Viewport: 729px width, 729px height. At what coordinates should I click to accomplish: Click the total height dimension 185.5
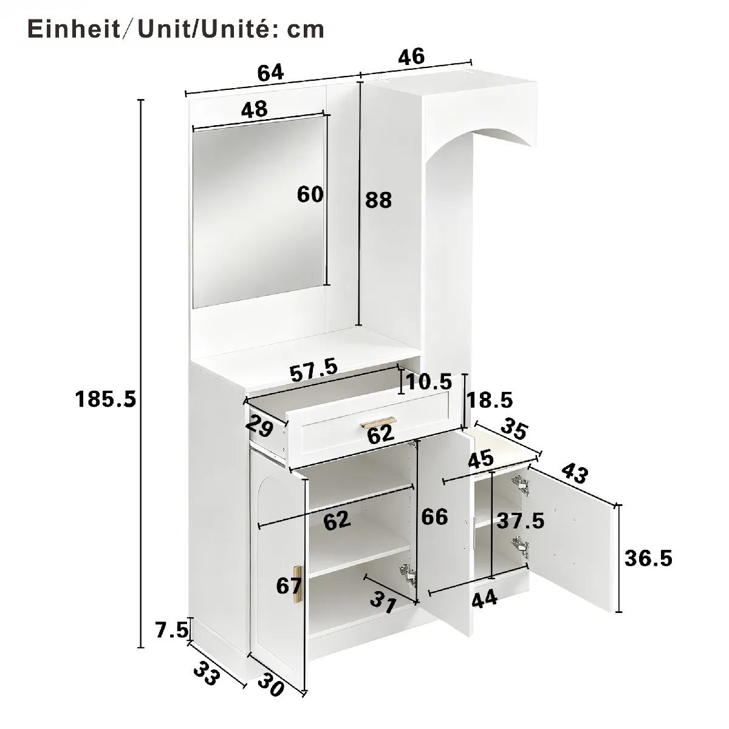[x=106, y=399]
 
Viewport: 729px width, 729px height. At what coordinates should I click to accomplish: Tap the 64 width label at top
[x=270, y=72]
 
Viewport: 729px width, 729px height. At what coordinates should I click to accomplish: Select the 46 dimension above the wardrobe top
[x=412, y=56]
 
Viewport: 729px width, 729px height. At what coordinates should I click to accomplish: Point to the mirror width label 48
[x=254, y=109]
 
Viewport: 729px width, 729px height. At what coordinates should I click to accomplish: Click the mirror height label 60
[x=310, y=195]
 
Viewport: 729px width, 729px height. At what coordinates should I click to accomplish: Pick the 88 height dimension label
[x=378, y=200]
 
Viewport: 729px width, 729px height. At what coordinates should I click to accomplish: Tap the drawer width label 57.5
[x=313, y=371]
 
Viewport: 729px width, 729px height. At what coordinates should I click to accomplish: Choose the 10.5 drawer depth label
[x=429, y=382]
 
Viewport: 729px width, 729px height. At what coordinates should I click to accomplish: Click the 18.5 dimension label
[x=490, y=400]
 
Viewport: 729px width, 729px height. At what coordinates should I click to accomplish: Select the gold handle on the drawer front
[x=378, y=422]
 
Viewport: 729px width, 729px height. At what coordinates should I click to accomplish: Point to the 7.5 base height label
[x=172, y=630]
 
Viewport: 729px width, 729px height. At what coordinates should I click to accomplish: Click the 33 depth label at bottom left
[x=207, y=673]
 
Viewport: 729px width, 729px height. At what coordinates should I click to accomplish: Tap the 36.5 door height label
[x=648, y=558]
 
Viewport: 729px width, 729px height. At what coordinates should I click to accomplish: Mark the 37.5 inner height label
[x=521, y=521]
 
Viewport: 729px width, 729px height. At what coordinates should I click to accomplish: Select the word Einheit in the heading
[x=74, y=29]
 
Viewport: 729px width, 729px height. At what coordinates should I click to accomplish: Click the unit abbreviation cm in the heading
[x=306, y=30]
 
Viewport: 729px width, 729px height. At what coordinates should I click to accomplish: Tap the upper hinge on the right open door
[x=521, y=485]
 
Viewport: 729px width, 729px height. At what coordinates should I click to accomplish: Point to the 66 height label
[x=435, y=516]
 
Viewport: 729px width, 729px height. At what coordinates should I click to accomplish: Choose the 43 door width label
[x=575, y=473]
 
